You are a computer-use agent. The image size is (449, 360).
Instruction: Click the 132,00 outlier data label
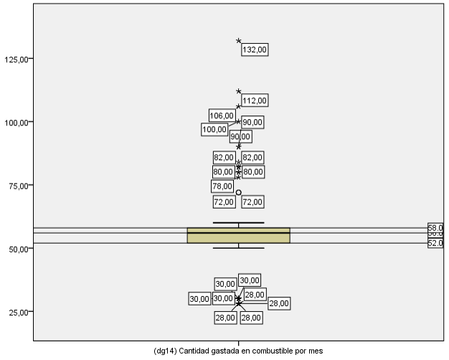coord(255,50)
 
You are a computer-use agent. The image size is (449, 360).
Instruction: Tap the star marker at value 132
coord(239,41)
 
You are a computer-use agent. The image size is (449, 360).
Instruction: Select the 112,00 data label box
coord(255,100)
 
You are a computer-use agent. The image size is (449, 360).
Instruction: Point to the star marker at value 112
coord(239,91)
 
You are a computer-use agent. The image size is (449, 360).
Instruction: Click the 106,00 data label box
coord(222,115)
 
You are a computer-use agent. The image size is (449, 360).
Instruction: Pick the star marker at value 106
coord(239,106)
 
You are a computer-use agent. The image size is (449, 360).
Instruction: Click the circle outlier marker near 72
coord(239,192)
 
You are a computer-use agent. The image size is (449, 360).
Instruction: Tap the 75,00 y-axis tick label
coord(17,185)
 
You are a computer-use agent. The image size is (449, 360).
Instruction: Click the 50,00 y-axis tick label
coord(17,248)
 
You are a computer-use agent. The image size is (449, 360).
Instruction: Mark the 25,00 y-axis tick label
coord(17,311)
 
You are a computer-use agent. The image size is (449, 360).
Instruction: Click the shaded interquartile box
coord(238,236)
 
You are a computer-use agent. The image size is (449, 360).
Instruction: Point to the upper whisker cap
coord(239,223)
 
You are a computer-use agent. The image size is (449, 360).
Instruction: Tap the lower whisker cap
coord(239,248)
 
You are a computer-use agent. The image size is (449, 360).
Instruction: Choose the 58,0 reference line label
coord(435,227)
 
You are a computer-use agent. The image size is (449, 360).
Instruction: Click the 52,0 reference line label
coord(435,243)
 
